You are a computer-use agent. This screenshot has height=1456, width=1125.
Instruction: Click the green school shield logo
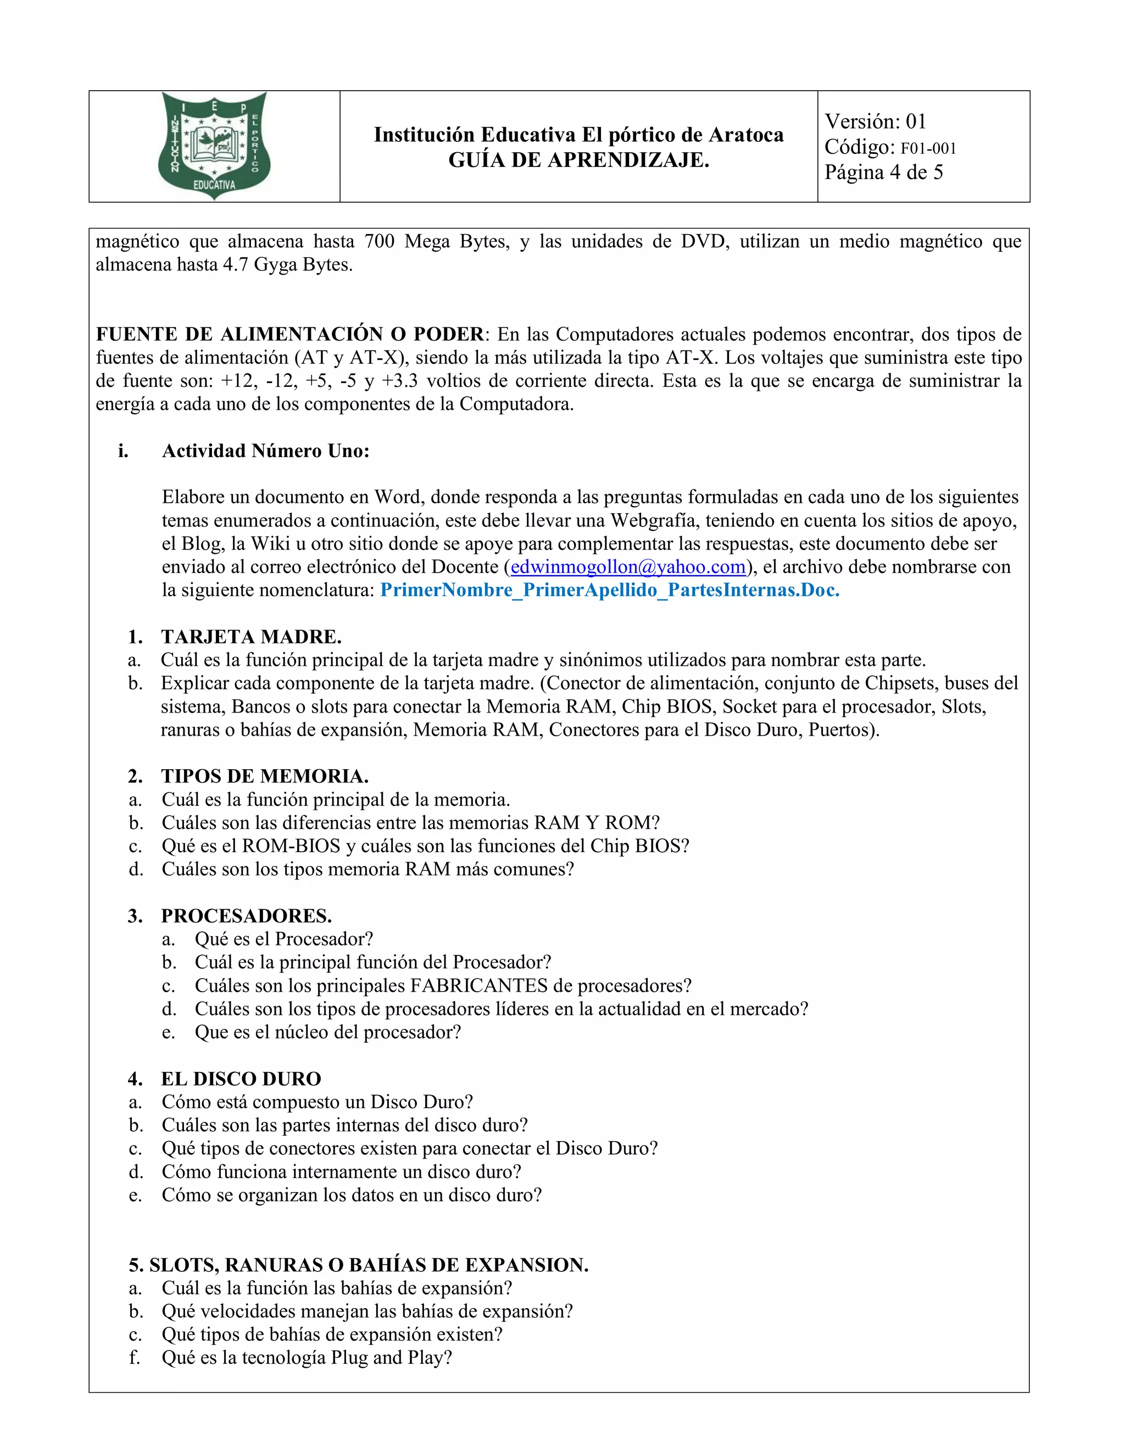pos(214,146)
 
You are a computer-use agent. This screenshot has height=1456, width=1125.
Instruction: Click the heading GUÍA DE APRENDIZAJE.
pos(578,160)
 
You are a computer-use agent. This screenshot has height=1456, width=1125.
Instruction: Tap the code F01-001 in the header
pos(928,148)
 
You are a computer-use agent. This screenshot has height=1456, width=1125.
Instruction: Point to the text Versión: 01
pos(875,121)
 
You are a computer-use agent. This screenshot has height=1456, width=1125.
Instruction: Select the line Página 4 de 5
pos(883,173)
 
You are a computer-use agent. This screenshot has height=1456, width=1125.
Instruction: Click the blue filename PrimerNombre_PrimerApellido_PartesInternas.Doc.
pos(609,590)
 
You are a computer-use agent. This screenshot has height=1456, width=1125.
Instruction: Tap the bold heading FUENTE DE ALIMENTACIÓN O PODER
pos(290,334)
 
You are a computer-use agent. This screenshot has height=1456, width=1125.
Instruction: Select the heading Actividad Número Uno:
pos(265,451)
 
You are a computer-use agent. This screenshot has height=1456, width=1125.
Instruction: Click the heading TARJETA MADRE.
pos(251,637)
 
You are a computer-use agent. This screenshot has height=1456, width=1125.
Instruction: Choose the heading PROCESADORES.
pos(246,915)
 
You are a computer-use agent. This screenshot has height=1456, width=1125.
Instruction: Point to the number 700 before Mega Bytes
pos(380,241)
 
